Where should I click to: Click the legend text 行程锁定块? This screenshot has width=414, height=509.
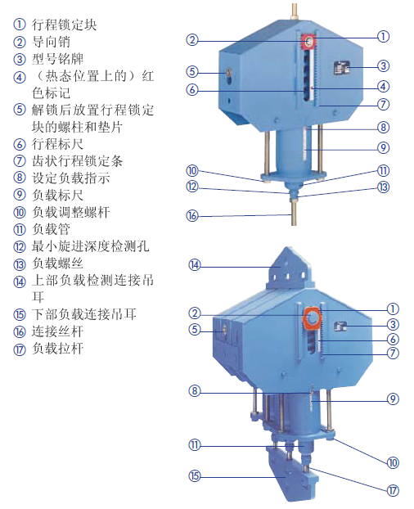pyautogui.click(x=65, y=25)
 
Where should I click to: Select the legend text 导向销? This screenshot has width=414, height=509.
pyautogui.click(x=51, y=42)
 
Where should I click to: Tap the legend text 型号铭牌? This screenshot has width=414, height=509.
pyautogui.click(x=58, y=59)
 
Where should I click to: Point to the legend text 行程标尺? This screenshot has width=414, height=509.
pyautogui.click(x=58, y=144)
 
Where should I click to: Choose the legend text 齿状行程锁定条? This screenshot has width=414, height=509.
pyautogui.click(x=77, y=161)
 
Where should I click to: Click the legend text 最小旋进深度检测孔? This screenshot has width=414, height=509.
pyautogui.click(x=91, y=246)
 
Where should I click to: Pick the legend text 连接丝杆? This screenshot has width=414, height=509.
pyautogui.click(x=58, y=331)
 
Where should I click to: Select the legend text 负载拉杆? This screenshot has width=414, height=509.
pyautogui.click(x=58, y=349)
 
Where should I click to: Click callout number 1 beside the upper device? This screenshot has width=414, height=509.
pyautogui.click(x=383, y=36)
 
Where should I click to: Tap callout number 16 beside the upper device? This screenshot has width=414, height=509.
pyautogui.click(x=192, y=215)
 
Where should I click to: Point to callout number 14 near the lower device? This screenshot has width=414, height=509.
pyautogui.click(x=195, y=265)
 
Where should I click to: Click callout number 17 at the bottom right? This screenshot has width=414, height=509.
pyautogui.click(x=393, y=490)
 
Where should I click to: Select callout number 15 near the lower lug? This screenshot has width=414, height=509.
pyautogui.click(x=195, y=476)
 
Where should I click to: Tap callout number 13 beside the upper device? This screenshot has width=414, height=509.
pyautogui.click(x=383, y=187)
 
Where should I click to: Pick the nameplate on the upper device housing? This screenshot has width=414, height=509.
pyautogui.click(x=341, y=68)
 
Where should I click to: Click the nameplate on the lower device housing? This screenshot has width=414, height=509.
pyautogui.click(x=340, y=326)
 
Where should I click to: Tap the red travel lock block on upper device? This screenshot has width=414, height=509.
pyautogui.click(x=308, y=42)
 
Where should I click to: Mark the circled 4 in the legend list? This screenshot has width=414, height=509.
pyautogui.click(x=20, y=78)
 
